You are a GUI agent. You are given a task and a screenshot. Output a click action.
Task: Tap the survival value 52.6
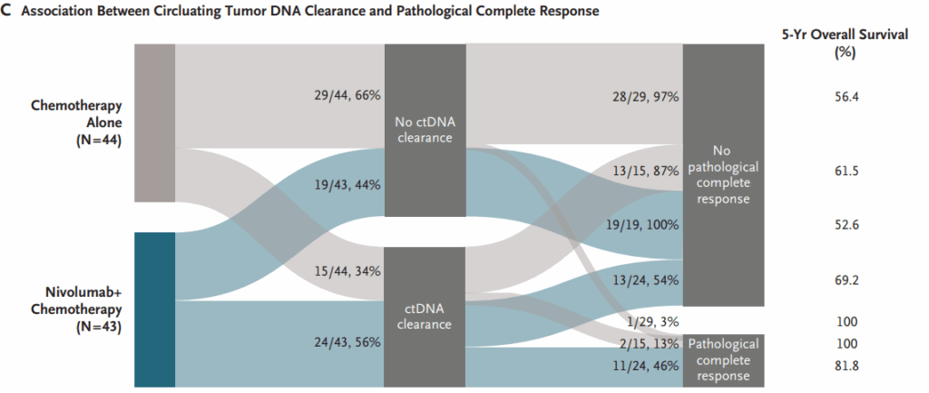click(x=846, y=224)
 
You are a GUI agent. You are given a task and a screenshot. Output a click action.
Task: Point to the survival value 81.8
click(x=846, y=365)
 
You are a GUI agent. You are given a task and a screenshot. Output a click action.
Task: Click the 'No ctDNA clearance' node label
click(x=425, y=129)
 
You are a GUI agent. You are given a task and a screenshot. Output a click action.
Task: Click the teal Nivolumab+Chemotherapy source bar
click(x=154, y=309)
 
